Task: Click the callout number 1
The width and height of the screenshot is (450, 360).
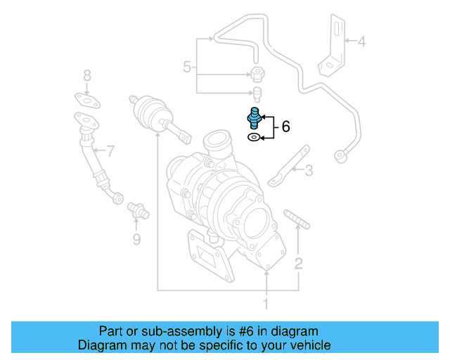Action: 266,304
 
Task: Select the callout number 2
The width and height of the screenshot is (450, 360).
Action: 299,264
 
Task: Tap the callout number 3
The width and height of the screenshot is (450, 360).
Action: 309,169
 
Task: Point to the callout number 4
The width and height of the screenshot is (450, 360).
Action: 361,41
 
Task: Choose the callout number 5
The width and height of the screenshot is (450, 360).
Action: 187,67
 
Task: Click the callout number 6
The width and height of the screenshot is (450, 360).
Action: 285,127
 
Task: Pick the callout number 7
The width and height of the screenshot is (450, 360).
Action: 109,150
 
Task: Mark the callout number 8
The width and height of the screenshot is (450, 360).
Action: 87,75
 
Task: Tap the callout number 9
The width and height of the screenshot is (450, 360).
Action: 136,240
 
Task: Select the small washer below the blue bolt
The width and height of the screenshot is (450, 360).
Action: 253,138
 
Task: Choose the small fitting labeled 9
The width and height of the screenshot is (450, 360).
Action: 136,209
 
